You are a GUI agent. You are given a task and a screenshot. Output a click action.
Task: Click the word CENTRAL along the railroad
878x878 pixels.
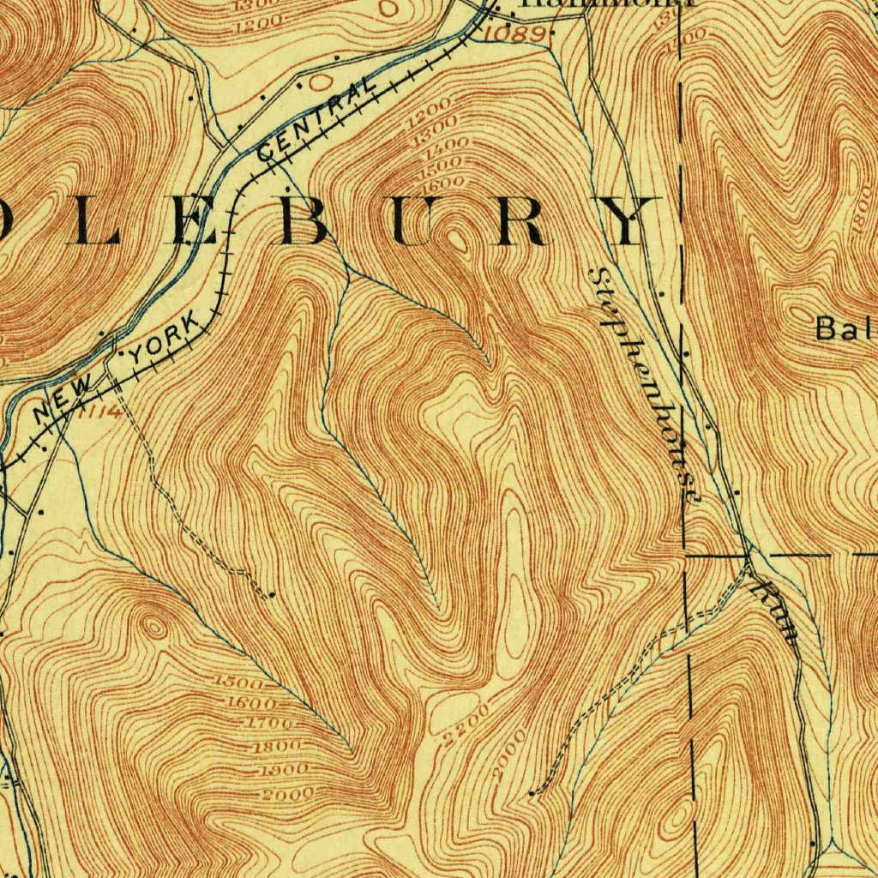[317, 118]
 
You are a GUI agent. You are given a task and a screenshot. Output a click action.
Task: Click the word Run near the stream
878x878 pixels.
[776, 611]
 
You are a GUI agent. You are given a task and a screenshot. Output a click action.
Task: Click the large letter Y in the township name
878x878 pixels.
[630, 221]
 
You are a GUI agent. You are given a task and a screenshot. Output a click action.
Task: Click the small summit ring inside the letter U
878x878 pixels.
[457, 238]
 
